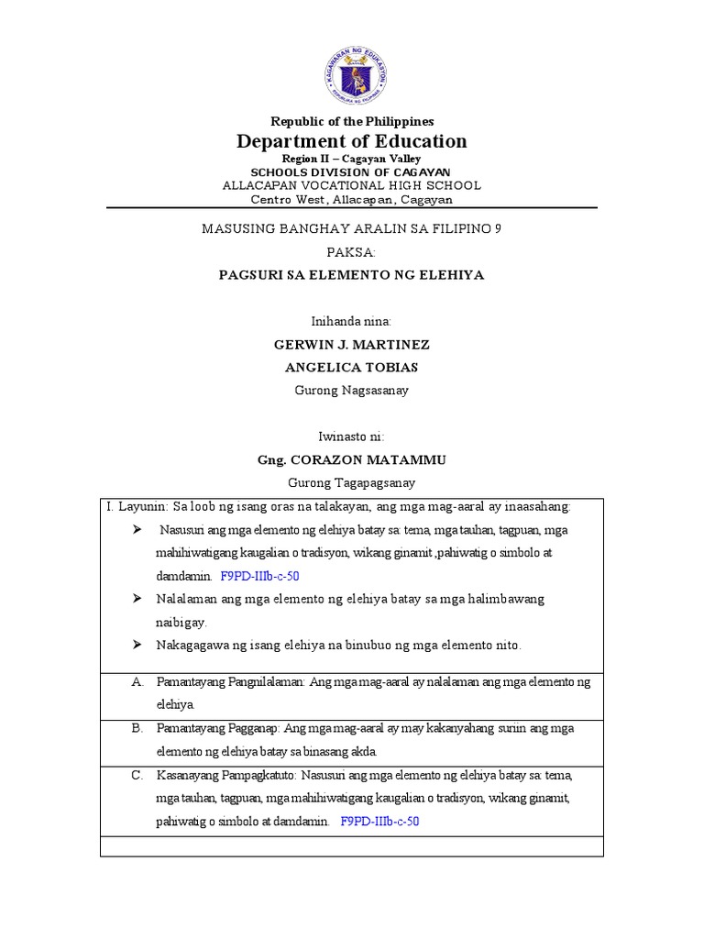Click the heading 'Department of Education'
(352, 141)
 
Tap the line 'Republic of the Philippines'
(352, 121)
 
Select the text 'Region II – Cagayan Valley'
(352, 159)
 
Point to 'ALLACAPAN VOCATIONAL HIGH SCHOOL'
(352, 185)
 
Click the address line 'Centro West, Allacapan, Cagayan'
(352, 199)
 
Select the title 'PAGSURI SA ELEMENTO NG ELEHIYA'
(352, 274)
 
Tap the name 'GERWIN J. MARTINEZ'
(352, 345)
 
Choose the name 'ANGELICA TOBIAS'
(352, 368)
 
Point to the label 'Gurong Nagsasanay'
(352, 390)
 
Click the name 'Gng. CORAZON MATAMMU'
(352, 460)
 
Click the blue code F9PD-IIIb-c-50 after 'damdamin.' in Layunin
(259, 577)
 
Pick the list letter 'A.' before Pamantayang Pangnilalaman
(138, 682)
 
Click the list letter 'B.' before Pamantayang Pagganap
(138, 728)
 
